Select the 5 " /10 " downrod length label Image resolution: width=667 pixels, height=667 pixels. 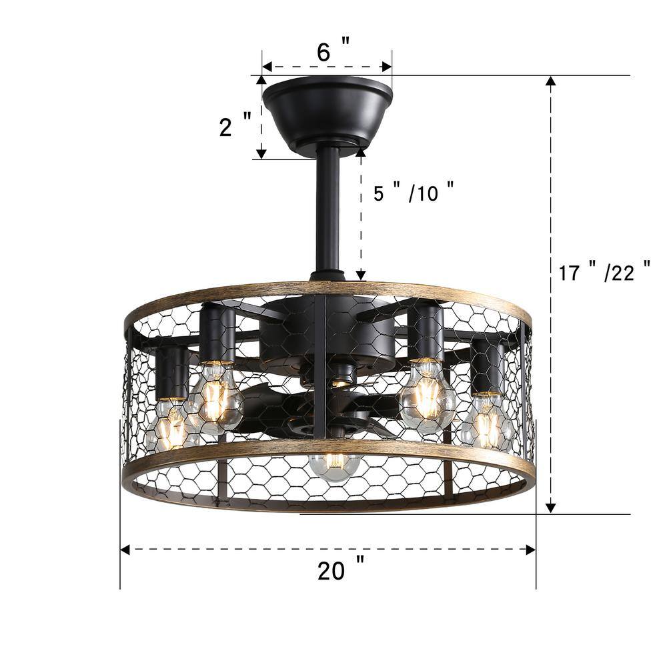414,193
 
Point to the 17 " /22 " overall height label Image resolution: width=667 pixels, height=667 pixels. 604,273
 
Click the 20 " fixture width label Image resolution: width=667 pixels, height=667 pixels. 340,571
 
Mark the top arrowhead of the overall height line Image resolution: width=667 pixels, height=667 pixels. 550,81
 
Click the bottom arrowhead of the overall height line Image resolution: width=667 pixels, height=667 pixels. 550,508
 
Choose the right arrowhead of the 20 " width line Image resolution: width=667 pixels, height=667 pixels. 531,550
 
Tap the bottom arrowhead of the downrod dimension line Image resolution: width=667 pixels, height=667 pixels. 361,274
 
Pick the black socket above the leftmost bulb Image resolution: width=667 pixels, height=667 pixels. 173,374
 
